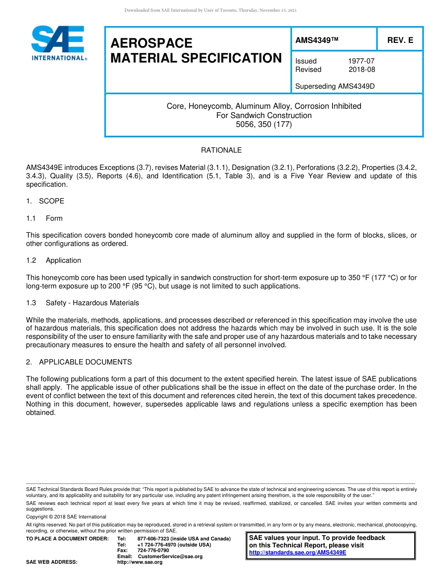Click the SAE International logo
click(x=58, y=43)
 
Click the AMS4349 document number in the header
click(x=316, y=41)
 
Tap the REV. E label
click(x=400, y=41)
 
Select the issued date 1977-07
click(x=361, y=61)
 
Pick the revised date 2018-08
click(x=361, y=70)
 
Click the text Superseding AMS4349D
click(x=335, y=86)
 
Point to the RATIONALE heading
click(x=221, y=150)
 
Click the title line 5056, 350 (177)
click(x=264, y=125)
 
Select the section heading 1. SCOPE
click(x=45, y=201)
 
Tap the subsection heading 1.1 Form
click(x=45, y=218)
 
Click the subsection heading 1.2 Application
click(x=54, y=260)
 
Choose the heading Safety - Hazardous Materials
click(x=92, y=303)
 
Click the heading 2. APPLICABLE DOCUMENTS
click(x=79, y=362)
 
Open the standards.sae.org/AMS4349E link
click(x=298, y=553)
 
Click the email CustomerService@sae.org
click(x=170, y=556)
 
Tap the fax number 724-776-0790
click(x=153, y=551)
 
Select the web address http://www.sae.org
click(x=140, y=562)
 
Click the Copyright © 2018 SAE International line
click(x=66, y=517)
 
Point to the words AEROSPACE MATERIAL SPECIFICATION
click(x=196, y=50)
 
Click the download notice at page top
click(x=210, y=10)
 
